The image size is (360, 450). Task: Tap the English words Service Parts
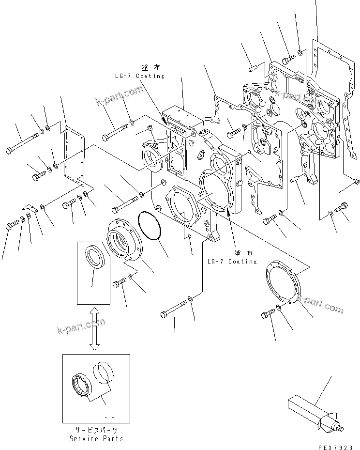point(96,438)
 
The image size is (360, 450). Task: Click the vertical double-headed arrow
point(95,328)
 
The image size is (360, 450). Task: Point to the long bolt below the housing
point(174,310)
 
